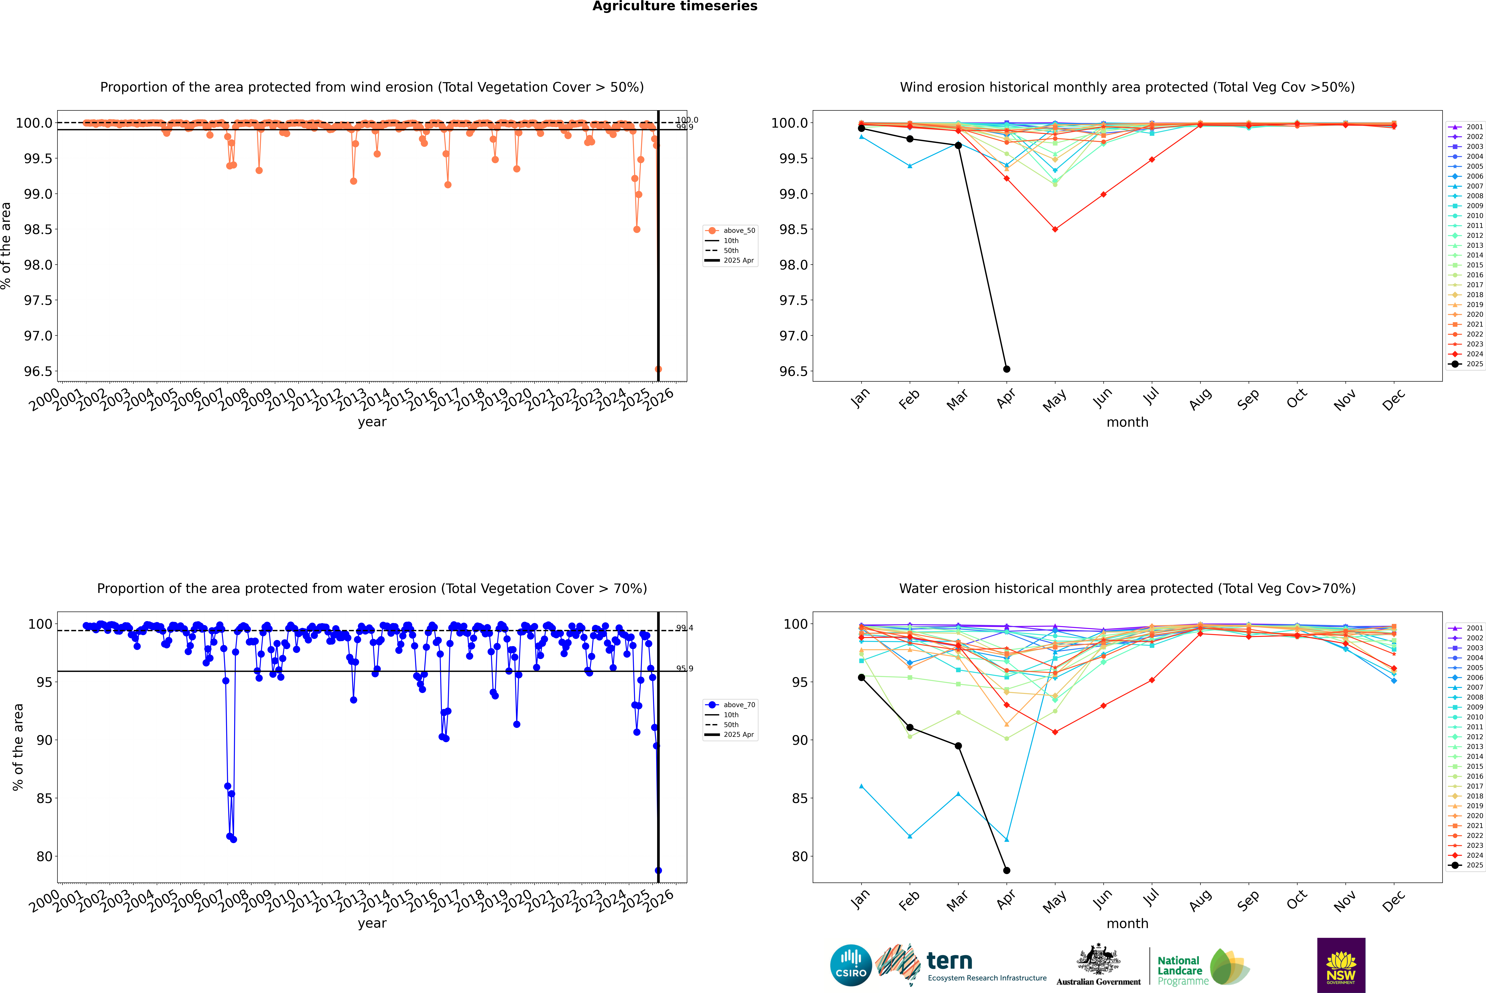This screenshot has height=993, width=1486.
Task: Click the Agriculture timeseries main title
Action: [675, 6]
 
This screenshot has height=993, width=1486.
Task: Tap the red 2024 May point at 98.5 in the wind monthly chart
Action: [1055, 229]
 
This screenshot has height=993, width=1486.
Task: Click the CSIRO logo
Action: [851, 965]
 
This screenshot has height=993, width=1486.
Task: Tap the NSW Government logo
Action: [1341, 965]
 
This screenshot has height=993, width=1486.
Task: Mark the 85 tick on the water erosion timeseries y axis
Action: [44, 799]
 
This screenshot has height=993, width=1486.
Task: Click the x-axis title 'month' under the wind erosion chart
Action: [1127, 422]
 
